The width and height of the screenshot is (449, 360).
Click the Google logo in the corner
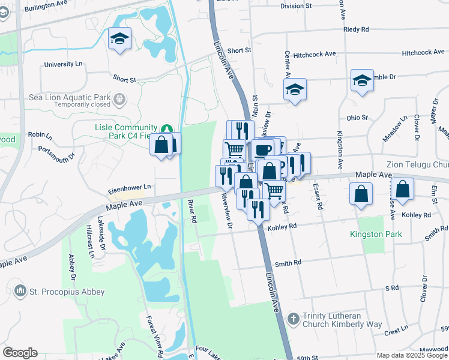tap(20, 353)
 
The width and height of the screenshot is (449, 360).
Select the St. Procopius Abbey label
tap(67, 292)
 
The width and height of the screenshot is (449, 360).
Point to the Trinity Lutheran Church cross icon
tap(292, 319)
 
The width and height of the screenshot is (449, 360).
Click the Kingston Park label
tap(376, 234)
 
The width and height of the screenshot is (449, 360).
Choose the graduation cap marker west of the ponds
tap(120, 39)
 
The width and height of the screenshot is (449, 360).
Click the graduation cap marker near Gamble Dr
tap(362, 80)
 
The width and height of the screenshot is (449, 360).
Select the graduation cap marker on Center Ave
tap(295, 90)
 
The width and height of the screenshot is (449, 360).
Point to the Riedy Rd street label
tap(356, 29)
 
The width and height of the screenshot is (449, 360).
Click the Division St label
tap(297, 6)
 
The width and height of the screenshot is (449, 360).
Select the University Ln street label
tap(63, 64)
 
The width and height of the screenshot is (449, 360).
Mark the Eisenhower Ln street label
tap(129, 188)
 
